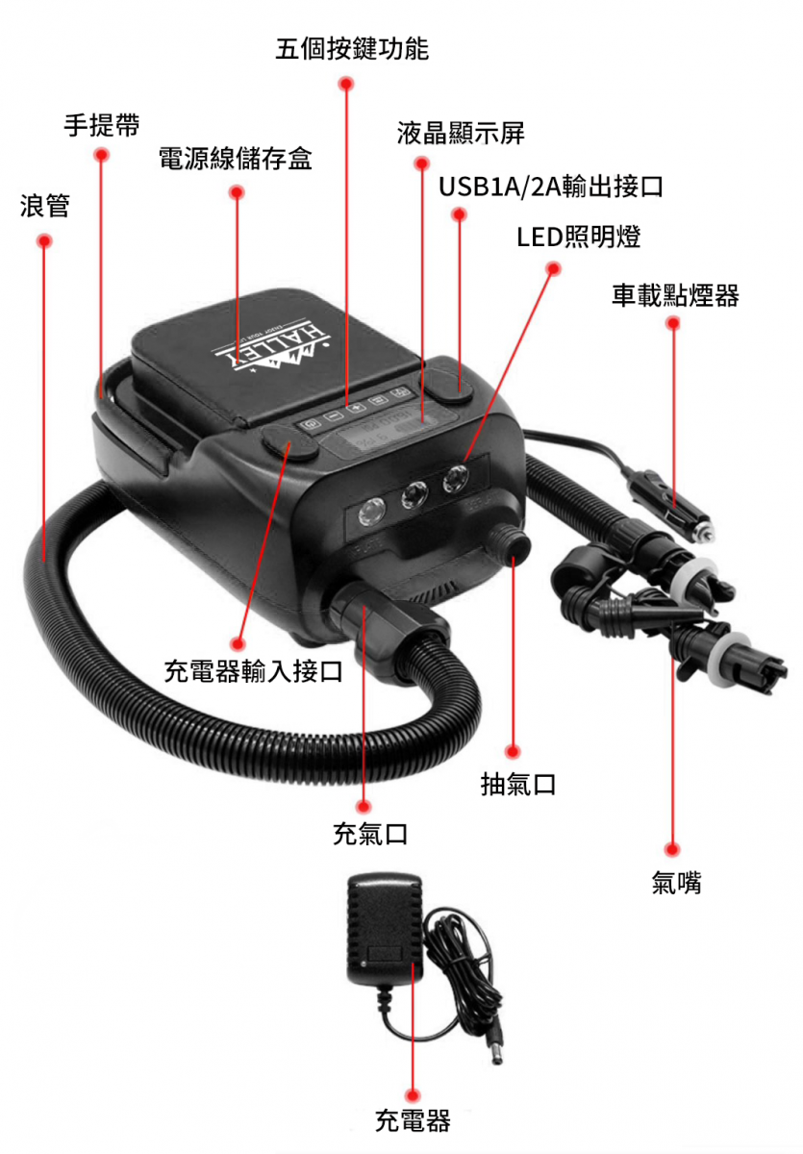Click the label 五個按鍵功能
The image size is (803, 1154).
(352, 49)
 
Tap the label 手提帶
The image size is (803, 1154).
(102, 125)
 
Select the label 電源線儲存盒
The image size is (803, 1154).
(235, 158)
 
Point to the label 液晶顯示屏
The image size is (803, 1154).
(461, 133)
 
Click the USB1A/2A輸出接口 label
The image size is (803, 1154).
(551, 187)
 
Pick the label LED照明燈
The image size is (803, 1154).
(578, 237)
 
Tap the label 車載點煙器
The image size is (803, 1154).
(675, 295)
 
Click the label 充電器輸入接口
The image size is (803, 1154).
(254, 671)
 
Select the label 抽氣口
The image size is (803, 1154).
(518, 784)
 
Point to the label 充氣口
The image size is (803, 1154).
(370, 834)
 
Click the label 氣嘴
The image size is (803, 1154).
(676, 883)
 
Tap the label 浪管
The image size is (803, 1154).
(45, 206)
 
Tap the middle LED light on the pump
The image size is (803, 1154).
(414, 494)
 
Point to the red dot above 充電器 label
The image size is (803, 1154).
(412, 1095)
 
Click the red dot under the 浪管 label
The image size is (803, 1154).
(45, 240)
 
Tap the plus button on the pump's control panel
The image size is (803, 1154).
(357, 408)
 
